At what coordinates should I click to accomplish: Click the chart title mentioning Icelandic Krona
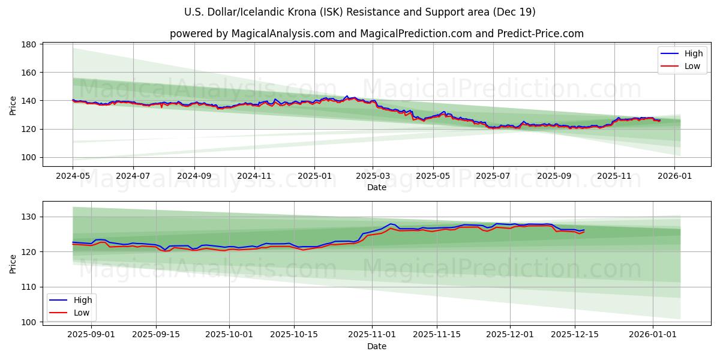coord(360,12)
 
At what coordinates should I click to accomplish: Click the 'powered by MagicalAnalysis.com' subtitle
coord(376,34)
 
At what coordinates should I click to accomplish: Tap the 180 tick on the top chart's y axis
coord(29,44)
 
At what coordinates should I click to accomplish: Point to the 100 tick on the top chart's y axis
coord(29,157)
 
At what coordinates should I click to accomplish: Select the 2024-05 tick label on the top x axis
coord(73,177)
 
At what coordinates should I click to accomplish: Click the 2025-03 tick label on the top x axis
coord(373,177)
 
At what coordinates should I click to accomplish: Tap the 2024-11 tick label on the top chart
coord(254,177)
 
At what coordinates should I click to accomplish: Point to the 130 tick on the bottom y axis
coord(29,217)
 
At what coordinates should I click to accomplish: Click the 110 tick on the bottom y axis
coord(29,287)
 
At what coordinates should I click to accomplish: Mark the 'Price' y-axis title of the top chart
coord(13,106)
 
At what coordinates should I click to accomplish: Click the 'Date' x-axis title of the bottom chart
coord(376,346)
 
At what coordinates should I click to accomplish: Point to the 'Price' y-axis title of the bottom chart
coord(13,263)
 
